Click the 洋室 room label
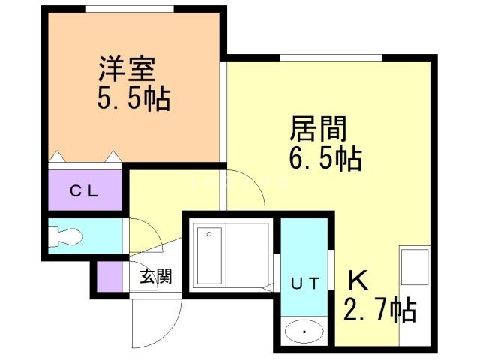tap(126, 69)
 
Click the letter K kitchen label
tap(358, 280)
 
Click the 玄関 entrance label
tap(155, 276)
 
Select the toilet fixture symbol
tap(67, 238)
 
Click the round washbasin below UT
tap(304, 331)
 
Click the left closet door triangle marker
tap(57, 157)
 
